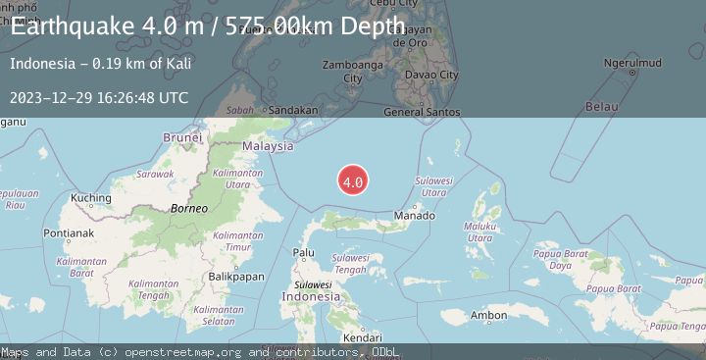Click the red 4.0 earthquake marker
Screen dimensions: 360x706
tap(353, 180)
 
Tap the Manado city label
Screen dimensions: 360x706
tap(413, 215)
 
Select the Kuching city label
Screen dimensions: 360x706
tap(91, 198)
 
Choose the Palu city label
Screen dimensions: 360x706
tap(304, 252)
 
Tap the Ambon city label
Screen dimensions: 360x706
tap(488, 315)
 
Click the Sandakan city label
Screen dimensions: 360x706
tap(291, 111)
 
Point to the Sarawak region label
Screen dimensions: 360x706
tap(155, 173)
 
